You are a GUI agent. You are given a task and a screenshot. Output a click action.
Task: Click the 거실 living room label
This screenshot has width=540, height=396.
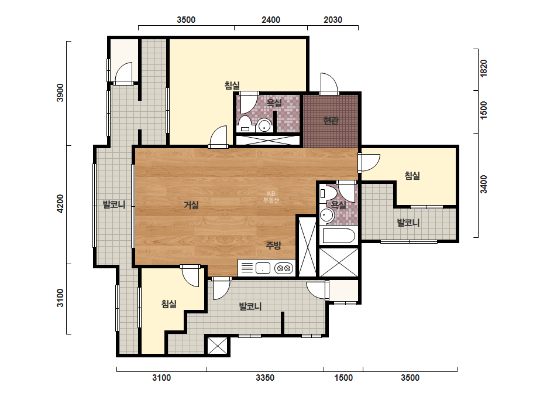click(191, 205)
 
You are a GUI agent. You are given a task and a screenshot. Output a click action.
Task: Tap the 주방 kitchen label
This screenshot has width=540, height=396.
click(273, 245)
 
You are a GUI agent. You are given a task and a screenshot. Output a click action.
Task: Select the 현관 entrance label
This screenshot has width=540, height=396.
click(331, 121)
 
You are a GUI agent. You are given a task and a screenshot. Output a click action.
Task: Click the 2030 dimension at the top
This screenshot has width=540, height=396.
click(333, 20)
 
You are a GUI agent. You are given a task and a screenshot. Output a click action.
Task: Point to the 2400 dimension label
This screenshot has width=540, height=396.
click(271, 20)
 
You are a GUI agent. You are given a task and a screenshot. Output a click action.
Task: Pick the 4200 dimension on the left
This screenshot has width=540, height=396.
click(60, 203)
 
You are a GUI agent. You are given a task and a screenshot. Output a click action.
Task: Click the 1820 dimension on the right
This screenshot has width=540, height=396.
click(483, 69)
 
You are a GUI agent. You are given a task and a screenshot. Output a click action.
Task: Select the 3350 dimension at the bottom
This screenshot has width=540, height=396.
click(265, 378)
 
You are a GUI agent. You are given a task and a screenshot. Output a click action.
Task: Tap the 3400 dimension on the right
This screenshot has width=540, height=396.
click(483, 184)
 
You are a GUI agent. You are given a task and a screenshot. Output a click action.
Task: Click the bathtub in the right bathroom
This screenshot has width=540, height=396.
click(339, 236)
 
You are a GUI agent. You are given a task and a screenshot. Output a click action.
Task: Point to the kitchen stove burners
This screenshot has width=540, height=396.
click(283, 268)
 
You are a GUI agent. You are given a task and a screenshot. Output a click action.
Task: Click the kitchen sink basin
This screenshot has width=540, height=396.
click(263, 268)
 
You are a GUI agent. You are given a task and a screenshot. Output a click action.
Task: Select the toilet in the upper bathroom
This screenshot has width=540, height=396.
click(245, 124)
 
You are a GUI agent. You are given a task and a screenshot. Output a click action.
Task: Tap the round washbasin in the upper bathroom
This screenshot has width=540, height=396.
click(264, 125)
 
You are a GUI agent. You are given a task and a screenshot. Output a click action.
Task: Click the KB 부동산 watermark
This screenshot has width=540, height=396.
click(271, 197)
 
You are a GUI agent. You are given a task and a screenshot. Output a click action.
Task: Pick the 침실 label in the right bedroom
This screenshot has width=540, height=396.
click(412, 176)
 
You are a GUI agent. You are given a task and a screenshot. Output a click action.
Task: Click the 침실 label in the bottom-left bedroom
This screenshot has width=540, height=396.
click(168, 304)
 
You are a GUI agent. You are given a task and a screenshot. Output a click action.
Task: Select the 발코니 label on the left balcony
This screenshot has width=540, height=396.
click(114, 204)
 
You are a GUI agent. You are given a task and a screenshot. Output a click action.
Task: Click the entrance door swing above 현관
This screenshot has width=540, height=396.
click(329, 83)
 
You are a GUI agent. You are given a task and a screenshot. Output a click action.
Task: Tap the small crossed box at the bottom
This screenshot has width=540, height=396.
click(218, 346)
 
